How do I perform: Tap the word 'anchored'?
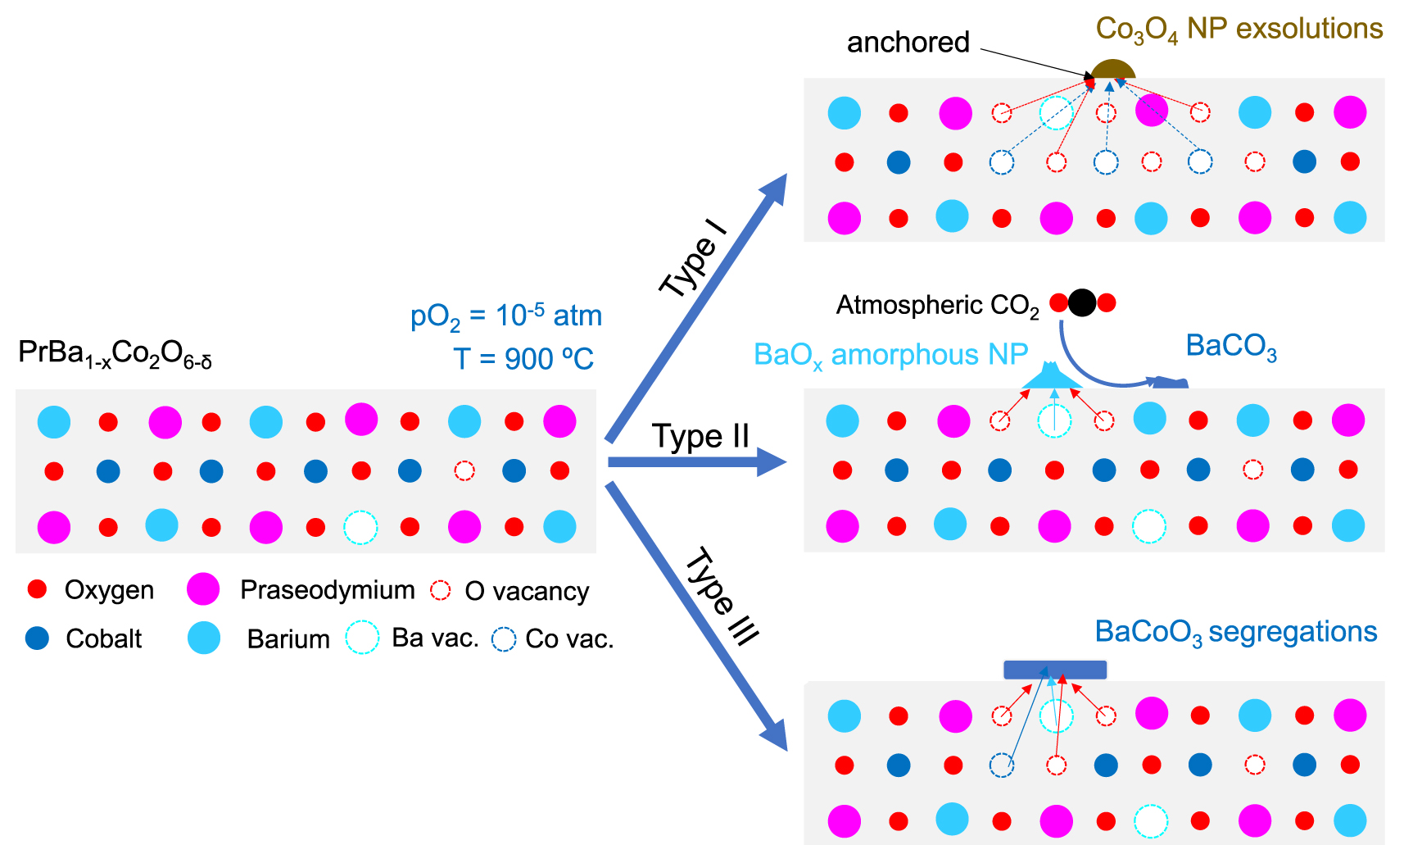click(908, 42)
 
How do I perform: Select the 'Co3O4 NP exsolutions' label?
click(1239, 30)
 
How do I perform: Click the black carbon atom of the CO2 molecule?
click(1082, 303)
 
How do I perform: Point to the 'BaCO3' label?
click(1230, 347)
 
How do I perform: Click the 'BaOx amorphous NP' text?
click(890, 355)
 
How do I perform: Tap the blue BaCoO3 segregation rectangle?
click(1055, 669)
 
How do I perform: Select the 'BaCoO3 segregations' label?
click(1235, 632)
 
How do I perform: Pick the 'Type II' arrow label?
click(700, 436)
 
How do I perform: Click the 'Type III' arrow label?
click(722, 596)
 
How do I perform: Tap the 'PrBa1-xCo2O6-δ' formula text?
click(115, 354)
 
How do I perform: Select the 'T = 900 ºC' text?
click(523, 359)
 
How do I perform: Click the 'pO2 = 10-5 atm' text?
click(505, 316)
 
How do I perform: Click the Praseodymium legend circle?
click(203, 588)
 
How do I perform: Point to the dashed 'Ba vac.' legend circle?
click(361, 637)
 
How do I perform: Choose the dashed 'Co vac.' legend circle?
click(503, 639)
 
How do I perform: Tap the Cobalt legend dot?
click(38, 638)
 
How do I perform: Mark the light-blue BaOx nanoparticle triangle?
click(1052, 378)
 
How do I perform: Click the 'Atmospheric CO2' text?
click(937, 306)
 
